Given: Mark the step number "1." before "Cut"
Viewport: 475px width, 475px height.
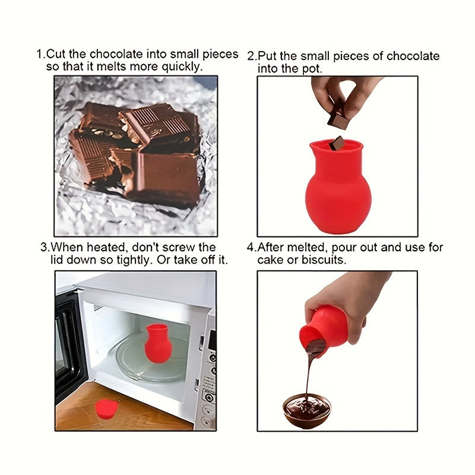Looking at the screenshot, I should click(x=41, y=54).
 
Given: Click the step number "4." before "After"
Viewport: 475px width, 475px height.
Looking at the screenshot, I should click(x=252, y=247).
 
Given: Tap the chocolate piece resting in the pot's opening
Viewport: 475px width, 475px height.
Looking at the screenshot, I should click(x=338, y=143).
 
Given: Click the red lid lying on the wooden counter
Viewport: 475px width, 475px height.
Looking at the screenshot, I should click(x=107, y=409).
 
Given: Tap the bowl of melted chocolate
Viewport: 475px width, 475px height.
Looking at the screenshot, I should click(x=306, y=410).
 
